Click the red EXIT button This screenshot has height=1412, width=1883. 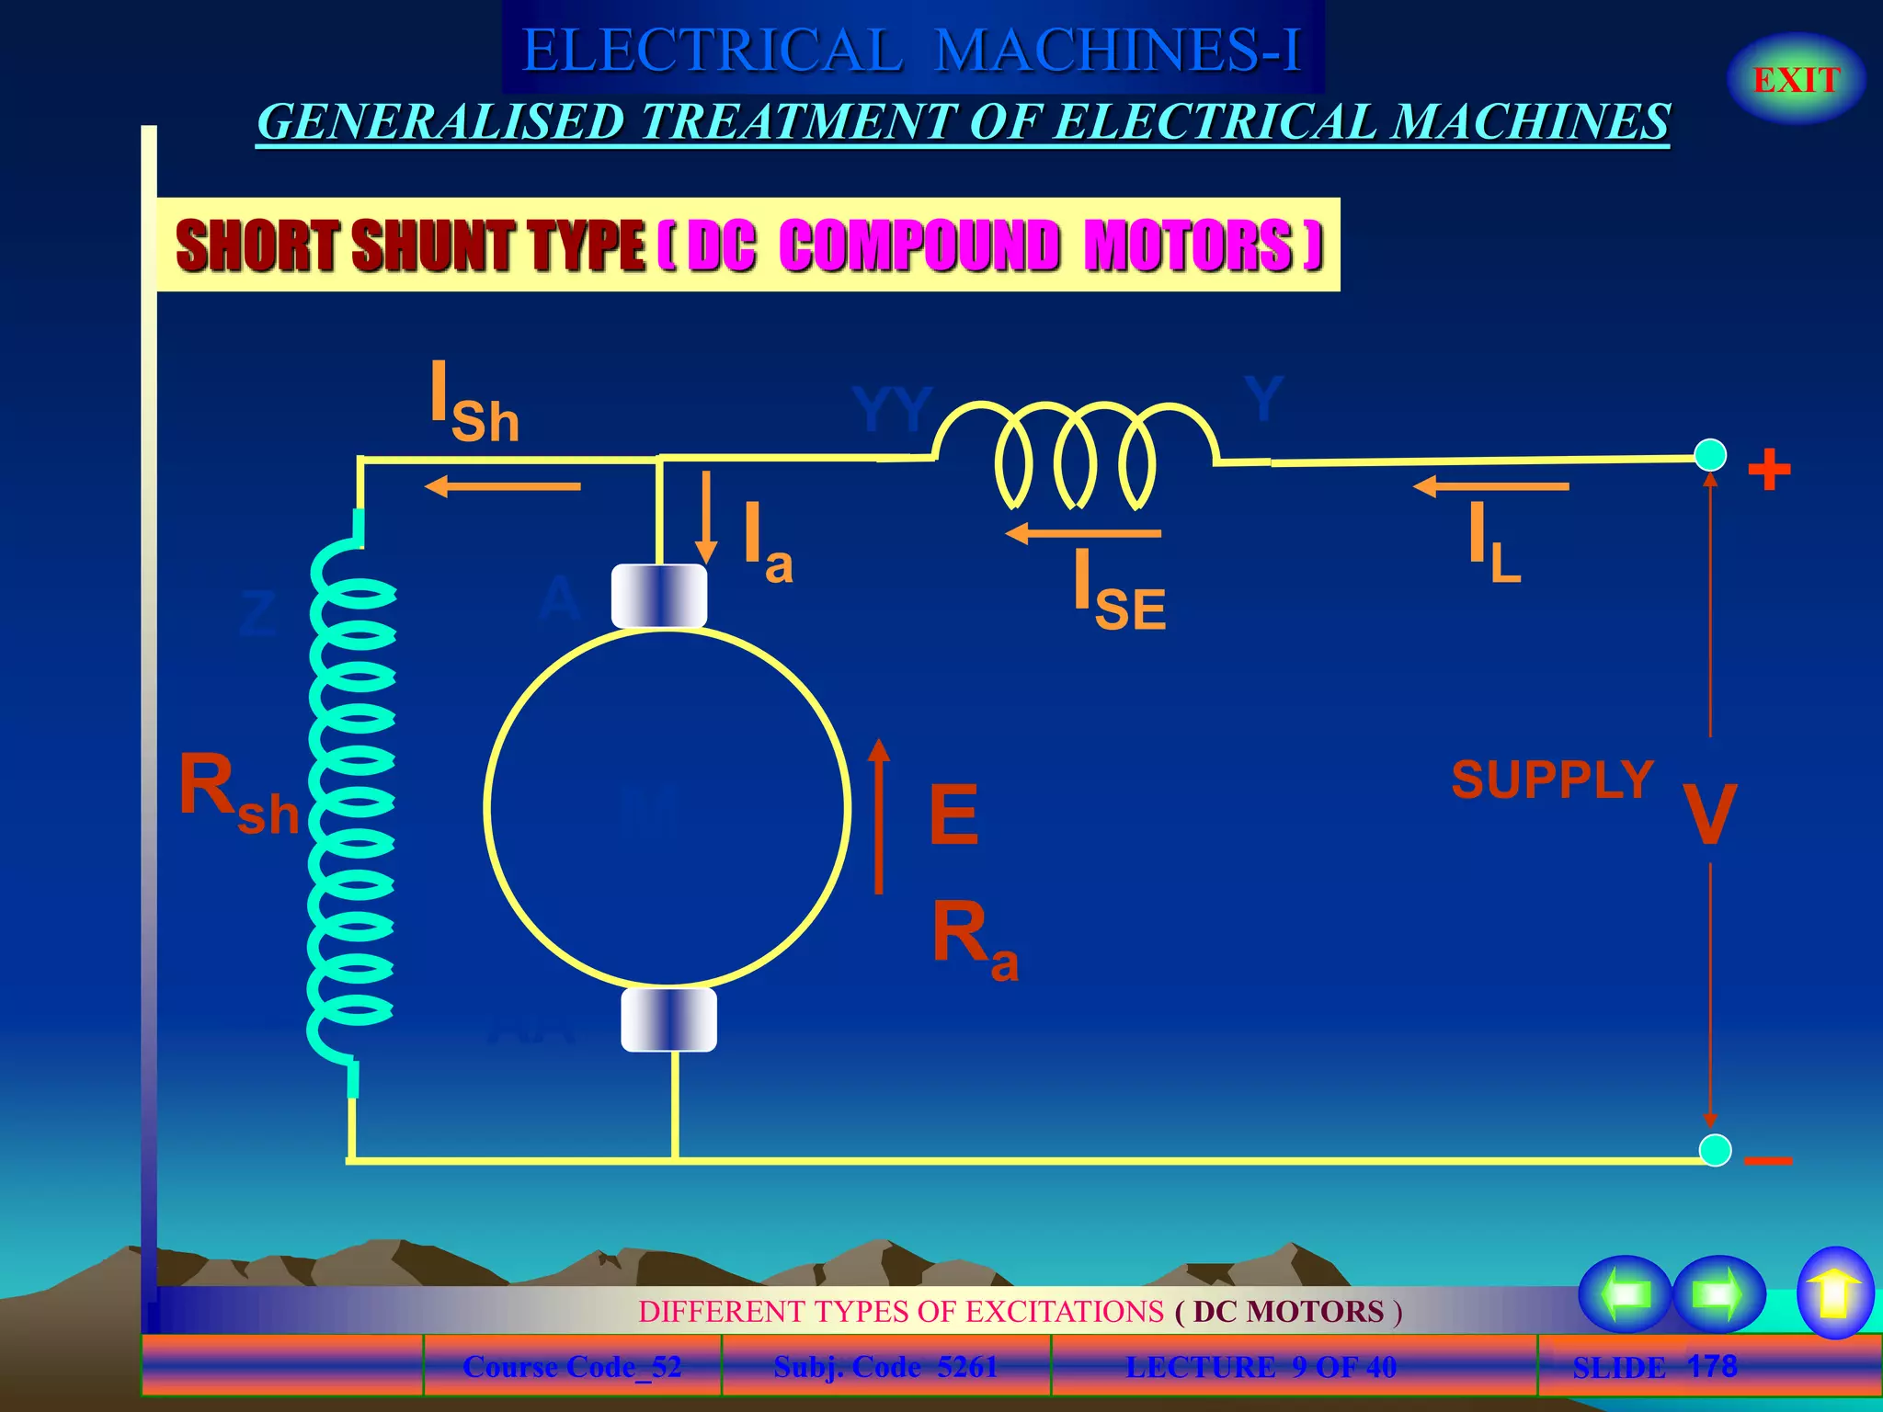[1796, 80]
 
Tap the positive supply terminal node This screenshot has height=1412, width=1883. [1710, 455]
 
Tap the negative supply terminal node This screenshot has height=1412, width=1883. [1715, 1150]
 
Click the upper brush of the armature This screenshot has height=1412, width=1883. [659, 596]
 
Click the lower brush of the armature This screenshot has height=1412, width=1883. [668, 1019]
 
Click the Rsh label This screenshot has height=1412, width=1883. [238, 791]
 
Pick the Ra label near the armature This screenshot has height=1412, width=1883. [974, 939]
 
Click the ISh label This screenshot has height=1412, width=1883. [474, 403]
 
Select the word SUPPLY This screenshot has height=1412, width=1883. [1552, 780]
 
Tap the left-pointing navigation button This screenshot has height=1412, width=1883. [1625, 1293]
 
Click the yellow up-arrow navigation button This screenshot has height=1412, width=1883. [1834, 1292]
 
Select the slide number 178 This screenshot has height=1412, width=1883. [1712, 1366]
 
